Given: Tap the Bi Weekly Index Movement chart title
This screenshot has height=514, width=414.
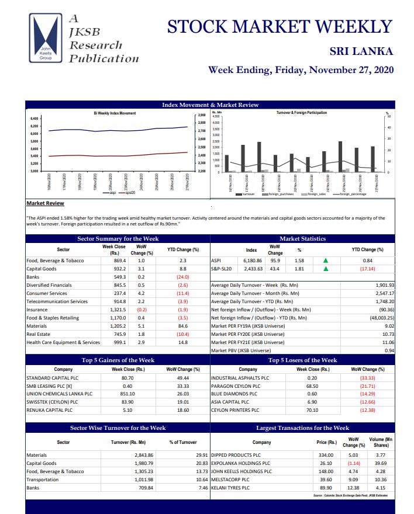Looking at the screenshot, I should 115,113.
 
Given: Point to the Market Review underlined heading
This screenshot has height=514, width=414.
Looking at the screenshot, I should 46,203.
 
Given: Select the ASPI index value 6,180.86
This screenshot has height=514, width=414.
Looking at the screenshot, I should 252,261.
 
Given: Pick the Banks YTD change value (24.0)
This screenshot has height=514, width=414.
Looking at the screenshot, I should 182,277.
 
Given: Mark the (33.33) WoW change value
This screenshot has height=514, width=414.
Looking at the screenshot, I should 368,378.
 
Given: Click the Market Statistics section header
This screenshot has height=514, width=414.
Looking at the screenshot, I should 302,238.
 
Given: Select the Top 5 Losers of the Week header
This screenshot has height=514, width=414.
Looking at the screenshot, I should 302,360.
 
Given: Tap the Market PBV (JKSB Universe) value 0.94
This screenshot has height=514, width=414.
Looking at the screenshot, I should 388,350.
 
